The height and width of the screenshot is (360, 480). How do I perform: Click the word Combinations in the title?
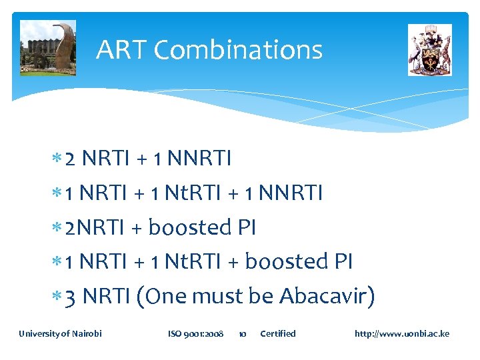[238, 51]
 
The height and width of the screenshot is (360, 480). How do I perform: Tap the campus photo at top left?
[47, 48]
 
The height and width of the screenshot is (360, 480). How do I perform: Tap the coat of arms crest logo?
[429, 50]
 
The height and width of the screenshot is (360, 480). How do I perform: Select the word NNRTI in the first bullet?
[199, 159]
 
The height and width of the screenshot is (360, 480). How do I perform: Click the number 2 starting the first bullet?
[71, 159]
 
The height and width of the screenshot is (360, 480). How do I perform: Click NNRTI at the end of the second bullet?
[290, 193]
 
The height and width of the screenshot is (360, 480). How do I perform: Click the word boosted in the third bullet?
[189, 227]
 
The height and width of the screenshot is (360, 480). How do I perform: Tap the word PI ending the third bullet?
[247, 227]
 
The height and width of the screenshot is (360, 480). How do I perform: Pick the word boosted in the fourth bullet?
[285, 261]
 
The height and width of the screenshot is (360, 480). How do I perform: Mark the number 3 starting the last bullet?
[71, 296]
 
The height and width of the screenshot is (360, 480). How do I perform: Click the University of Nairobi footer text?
[60, 333]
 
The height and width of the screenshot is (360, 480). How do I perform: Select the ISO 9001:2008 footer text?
[195, 333]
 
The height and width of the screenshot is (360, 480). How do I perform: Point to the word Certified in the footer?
[277, 333]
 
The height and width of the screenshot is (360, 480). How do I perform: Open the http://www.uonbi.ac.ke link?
[402, 333]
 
